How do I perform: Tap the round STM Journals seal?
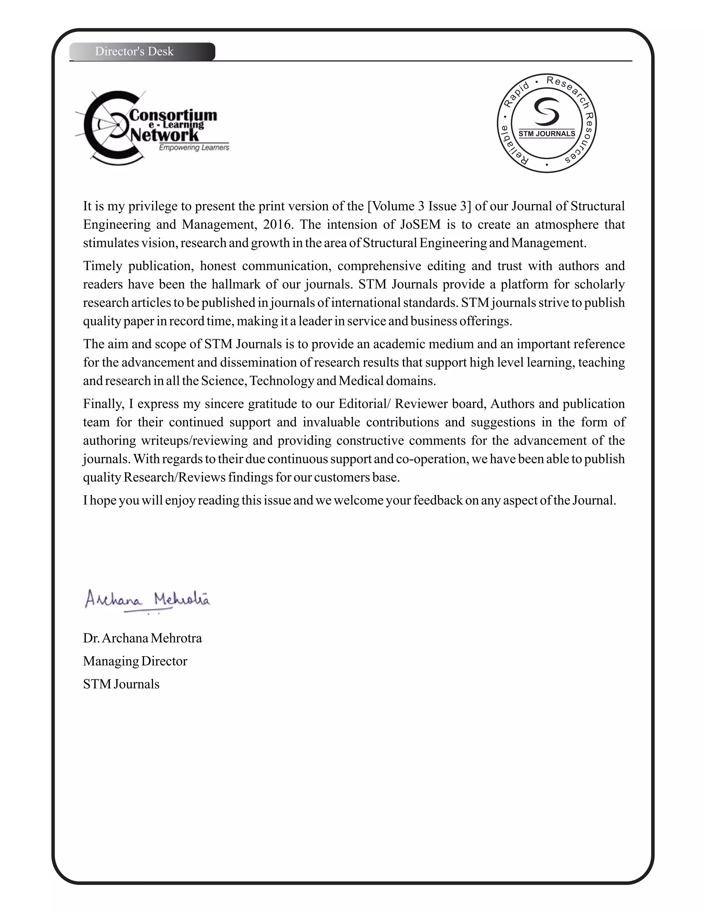tap(547, 123)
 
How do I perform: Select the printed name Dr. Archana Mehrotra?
tap(142, 638)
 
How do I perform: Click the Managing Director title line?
tap(135, 661)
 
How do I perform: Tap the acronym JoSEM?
tap(420, 225)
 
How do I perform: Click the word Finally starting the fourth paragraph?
tap(103, 404)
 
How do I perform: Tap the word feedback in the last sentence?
tap(438, 500)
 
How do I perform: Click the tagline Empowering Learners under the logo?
tap(194, 147)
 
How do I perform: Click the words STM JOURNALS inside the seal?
tap(547, 134)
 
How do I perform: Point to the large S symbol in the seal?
tap(547, 111)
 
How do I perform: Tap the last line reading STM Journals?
tap(121, 684)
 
